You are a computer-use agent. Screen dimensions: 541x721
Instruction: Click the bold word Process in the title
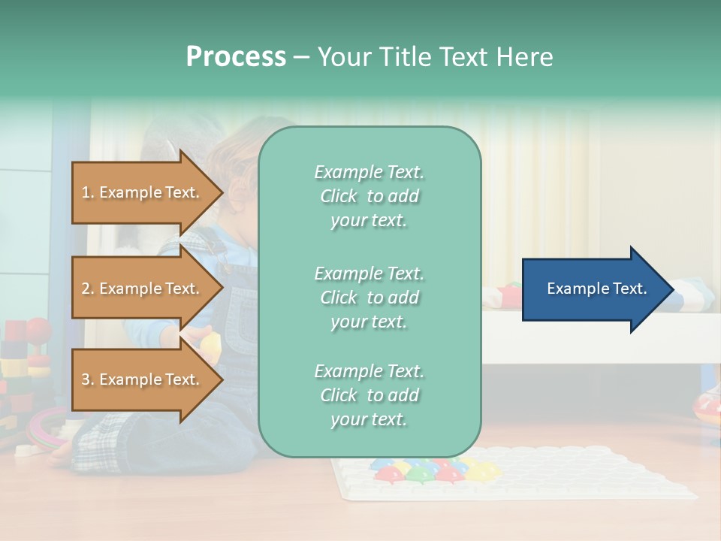pos(236,57)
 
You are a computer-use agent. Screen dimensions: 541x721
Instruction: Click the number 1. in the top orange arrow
pos(88,192)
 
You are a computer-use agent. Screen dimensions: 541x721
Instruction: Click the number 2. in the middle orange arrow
pos(88,289)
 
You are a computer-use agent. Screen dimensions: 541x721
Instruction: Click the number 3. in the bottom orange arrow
pos(88,379)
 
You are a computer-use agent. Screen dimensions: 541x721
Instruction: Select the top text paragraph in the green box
pos(369,196)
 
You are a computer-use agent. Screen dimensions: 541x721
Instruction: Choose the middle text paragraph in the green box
pos(369,298)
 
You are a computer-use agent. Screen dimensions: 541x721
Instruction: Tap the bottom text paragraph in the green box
pos(369,395)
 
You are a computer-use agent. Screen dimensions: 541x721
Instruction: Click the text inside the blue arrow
pos(596,289)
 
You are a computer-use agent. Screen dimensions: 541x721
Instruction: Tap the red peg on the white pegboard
pos(387,474)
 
